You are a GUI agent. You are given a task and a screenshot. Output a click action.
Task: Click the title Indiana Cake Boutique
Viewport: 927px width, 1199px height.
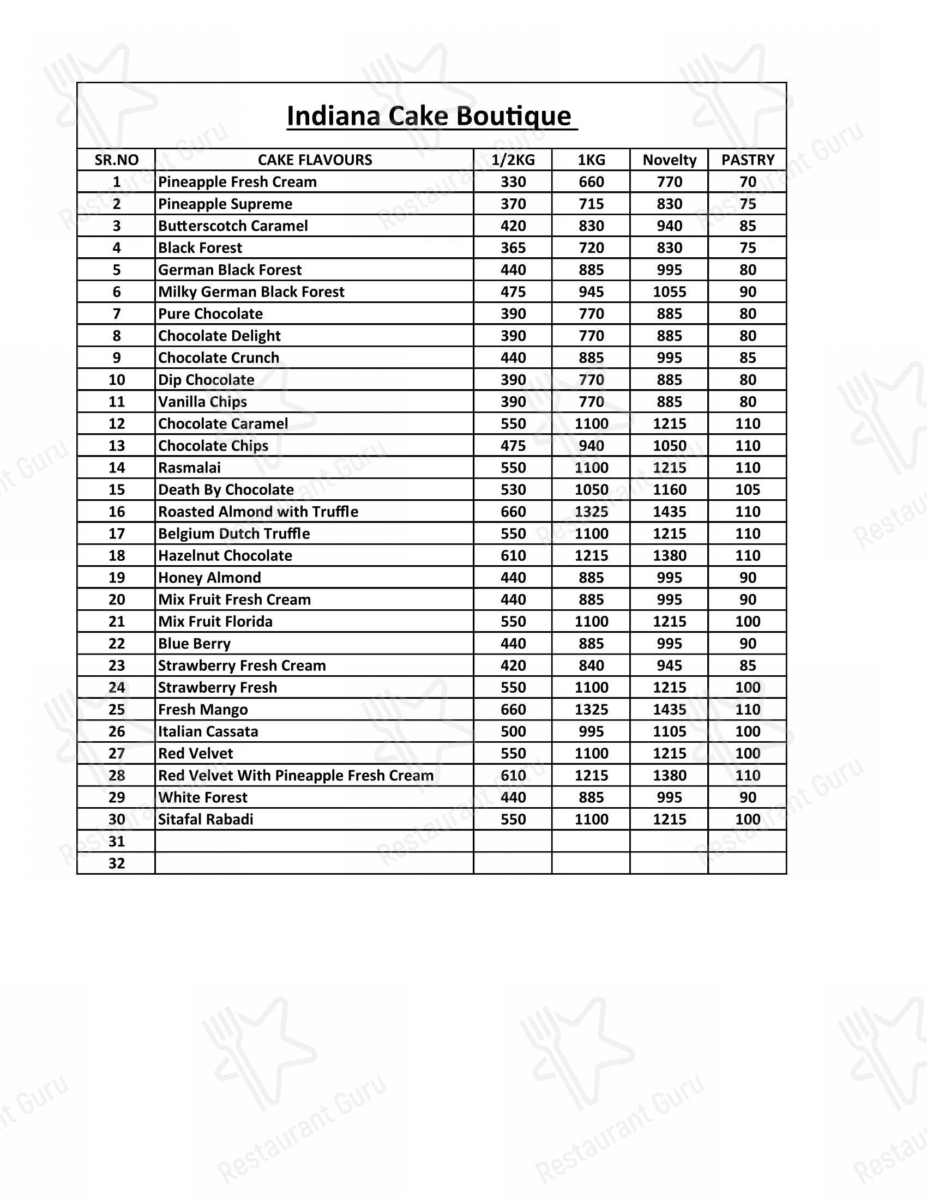pos(430,117)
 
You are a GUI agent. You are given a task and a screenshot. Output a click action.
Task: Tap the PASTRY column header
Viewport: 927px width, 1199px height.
pos(748,160)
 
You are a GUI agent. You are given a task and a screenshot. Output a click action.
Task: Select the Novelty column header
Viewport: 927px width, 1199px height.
pos(669,160)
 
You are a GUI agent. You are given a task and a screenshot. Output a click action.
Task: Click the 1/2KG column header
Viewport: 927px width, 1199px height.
pos(513,160)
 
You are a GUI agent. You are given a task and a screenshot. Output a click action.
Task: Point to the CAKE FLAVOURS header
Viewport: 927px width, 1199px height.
pos(315,160)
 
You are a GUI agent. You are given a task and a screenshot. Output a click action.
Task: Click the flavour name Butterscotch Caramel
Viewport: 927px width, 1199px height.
pos(233,226)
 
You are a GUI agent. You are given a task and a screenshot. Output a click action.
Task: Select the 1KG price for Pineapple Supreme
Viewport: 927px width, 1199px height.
pos(591,204)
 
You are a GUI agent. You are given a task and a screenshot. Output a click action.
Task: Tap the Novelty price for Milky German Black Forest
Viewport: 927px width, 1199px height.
pos(669,292)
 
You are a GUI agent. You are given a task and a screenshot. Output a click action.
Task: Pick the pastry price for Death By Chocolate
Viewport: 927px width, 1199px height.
pos(748,489)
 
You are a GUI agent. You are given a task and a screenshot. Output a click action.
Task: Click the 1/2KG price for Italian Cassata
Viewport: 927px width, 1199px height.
pos(513,731)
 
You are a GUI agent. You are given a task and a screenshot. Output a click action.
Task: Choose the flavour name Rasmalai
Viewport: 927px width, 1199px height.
pos(189,467)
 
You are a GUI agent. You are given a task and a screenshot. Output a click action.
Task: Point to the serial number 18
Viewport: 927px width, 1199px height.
pos(117,555)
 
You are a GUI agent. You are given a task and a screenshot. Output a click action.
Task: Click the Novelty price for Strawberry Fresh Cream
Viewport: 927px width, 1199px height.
pos(669,665)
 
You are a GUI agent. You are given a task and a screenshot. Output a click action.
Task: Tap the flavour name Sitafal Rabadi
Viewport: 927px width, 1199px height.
pos(206,819)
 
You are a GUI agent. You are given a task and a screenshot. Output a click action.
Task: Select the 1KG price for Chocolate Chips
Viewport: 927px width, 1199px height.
pos(591,445)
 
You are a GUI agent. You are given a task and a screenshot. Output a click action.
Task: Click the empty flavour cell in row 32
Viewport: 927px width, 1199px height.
pos(314,863)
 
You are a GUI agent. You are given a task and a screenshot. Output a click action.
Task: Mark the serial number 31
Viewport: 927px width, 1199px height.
pos(117,841)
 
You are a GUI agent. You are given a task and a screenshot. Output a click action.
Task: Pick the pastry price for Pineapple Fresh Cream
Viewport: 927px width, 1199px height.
pos(748,181)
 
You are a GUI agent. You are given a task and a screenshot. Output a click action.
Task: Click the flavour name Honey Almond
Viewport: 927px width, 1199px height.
pos(209,577)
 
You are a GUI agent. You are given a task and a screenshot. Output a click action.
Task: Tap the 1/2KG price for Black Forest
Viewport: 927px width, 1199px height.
pos(513,247)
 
